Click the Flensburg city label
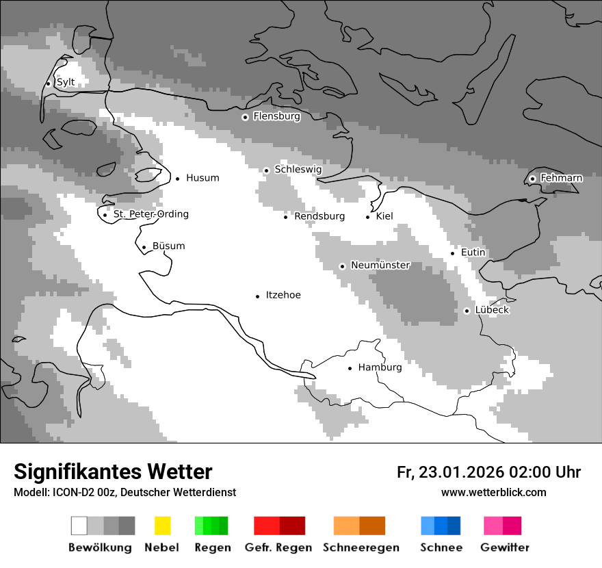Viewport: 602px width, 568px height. tap(276, 116)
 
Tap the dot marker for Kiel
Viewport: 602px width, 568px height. tap(368, 217)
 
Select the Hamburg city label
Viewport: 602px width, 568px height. tap(380, 367)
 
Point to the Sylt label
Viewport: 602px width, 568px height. tap(65, 82)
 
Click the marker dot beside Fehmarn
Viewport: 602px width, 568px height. tap(532, 179)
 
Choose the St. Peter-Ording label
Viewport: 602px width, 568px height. tap(150, 214)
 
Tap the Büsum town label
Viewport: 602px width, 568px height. tap(168, 246)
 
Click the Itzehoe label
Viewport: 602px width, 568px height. tap(283, 295)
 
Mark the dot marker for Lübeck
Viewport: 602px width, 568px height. tap(467, 311)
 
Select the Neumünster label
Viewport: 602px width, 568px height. tap(380, 265)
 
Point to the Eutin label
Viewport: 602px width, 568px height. tap(473, 253)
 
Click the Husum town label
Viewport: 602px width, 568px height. tap(202, 178)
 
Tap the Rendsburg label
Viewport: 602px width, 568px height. tap(319, 216)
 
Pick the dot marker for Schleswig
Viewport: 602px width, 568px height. tap(267, 170)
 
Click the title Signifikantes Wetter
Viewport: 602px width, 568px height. tap(113, 472)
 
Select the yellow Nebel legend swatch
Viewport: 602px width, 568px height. tap(162, 526)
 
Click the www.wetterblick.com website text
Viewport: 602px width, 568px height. tap(493, 492)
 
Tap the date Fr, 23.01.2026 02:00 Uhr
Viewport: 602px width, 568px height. tap(488, 472)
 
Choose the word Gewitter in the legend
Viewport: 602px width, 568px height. tap(504, 547)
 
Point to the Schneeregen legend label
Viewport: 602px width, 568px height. tap(361, 547)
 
